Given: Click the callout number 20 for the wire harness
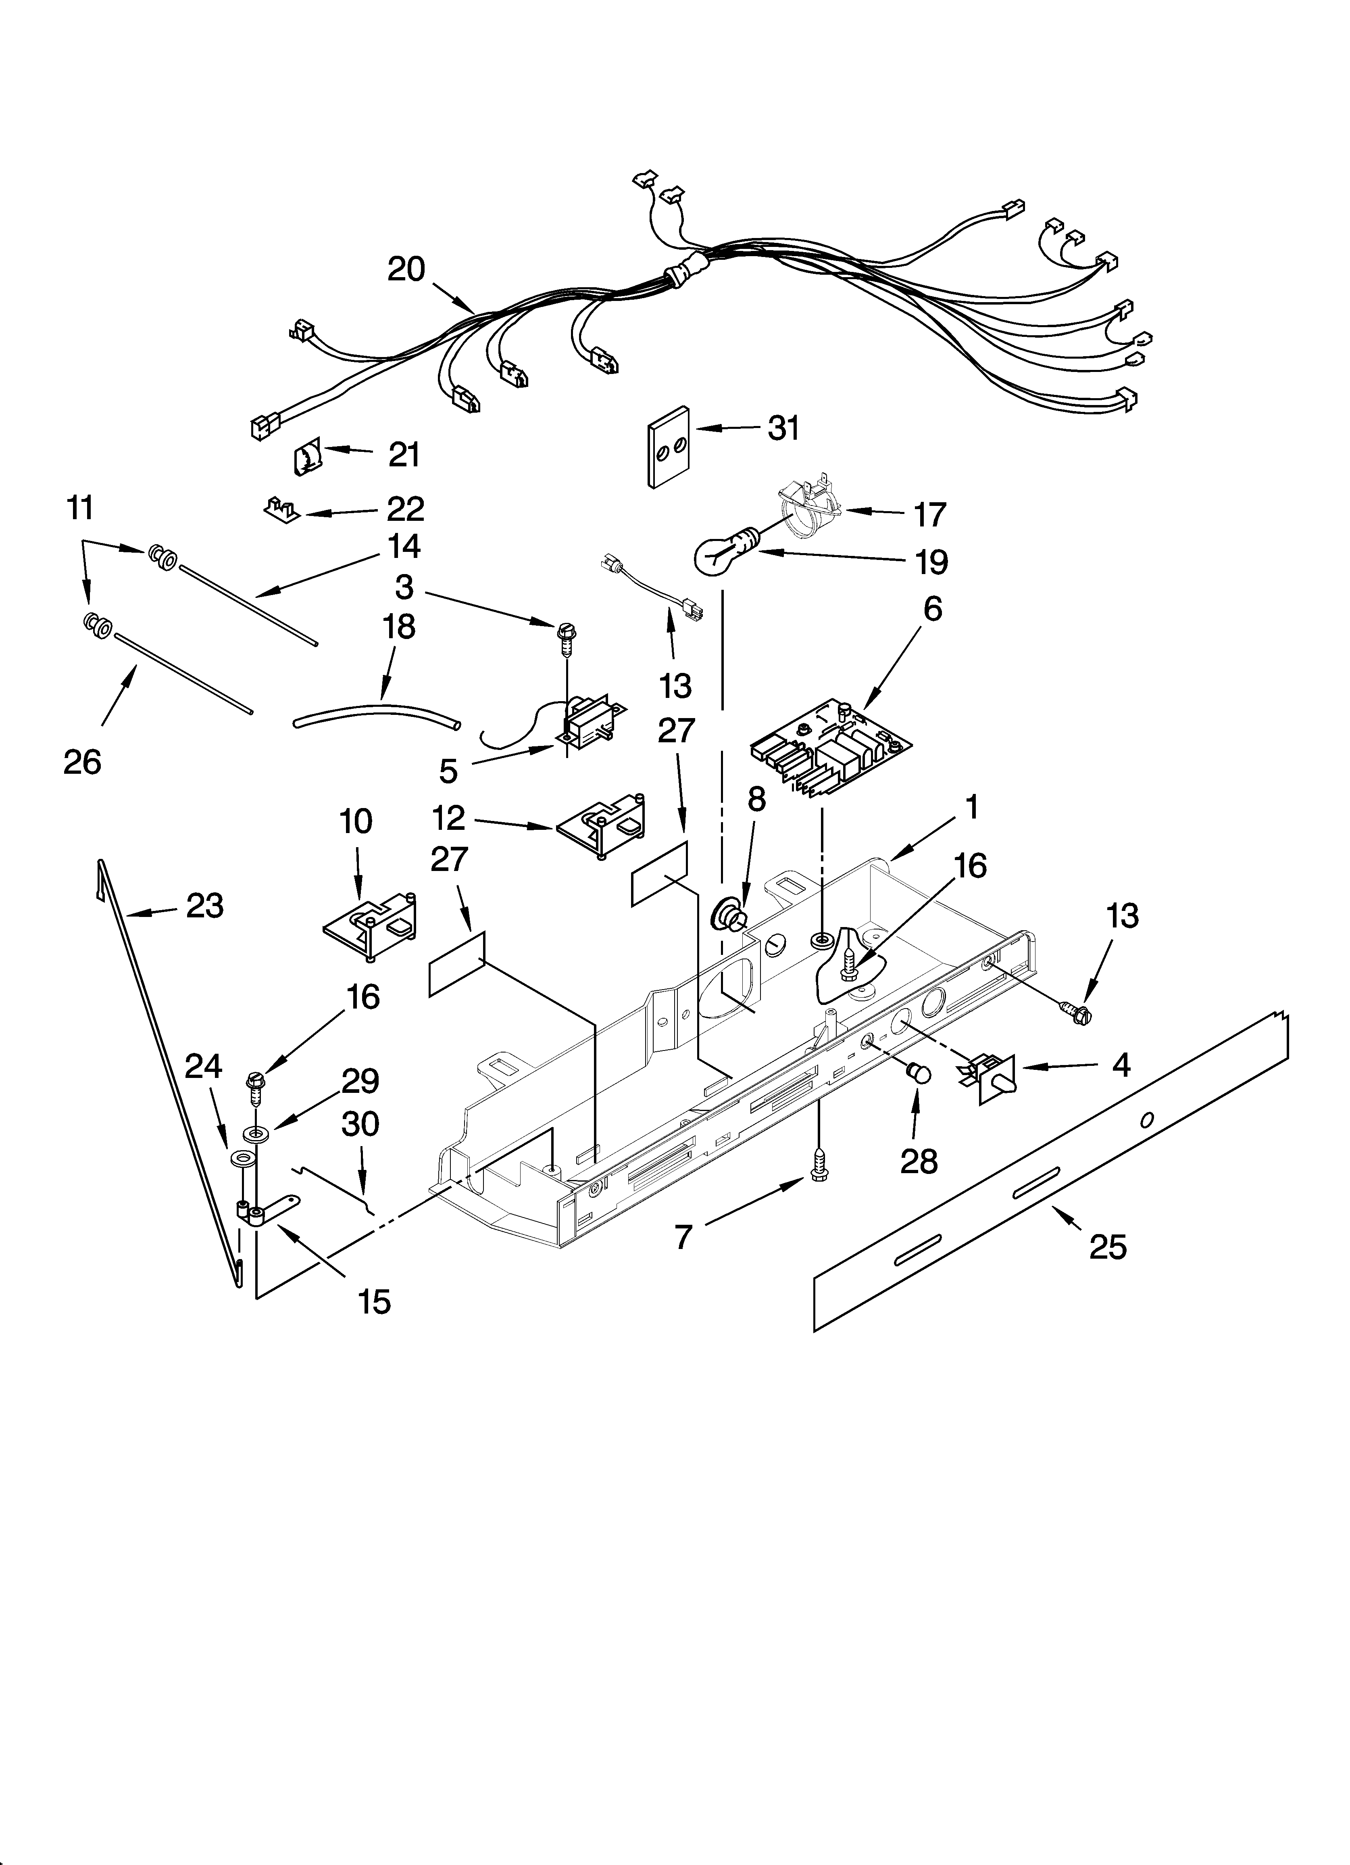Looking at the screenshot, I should pyautogui.click(x=406, y=269).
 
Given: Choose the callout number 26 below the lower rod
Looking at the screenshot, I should pyautogui.click(x=82, y=762).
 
